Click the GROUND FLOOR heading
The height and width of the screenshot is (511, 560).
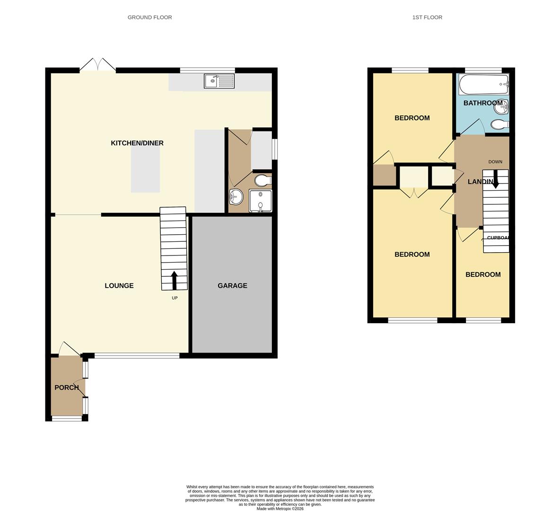149,18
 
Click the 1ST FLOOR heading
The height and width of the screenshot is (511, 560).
427,18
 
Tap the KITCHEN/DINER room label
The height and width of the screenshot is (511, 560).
137,143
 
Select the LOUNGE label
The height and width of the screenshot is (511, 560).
119,286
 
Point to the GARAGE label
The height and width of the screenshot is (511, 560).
232,286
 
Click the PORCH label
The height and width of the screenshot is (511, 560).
67,388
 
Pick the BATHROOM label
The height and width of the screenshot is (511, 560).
482,103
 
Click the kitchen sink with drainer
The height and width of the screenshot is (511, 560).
219,81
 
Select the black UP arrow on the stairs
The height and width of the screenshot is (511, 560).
174,280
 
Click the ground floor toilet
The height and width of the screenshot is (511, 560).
262,180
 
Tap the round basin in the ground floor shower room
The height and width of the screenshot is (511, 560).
236,196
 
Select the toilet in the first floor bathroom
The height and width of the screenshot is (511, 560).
499,124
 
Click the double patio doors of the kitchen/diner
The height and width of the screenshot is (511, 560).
97,65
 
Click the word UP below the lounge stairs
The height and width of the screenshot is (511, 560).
175,298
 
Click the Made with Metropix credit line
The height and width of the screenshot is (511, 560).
280,509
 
